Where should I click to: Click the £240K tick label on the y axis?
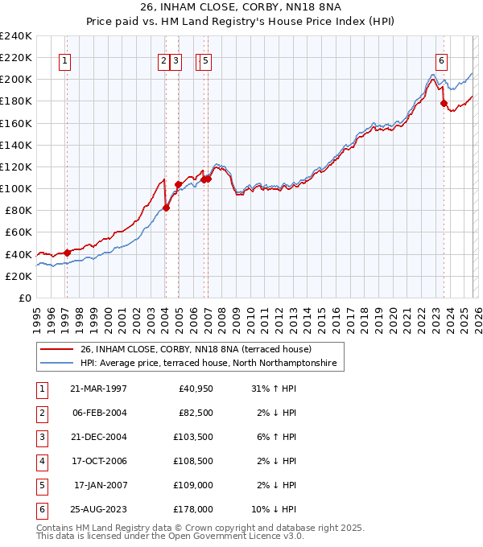click(x=16, y=36)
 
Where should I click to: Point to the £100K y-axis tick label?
click(x=16, y=189)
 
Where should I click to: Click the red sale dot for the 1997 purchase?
click(x=68, y=253)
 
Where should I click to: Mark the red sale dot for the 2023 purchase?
click(x=444, y=103)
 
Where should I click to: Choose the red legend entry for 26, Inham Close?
click(x=200, y=350)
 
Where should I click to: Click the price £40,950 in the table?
click(x=193, y=389)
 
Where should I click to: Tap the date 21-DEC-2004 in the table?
click(x=98, y=438)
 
